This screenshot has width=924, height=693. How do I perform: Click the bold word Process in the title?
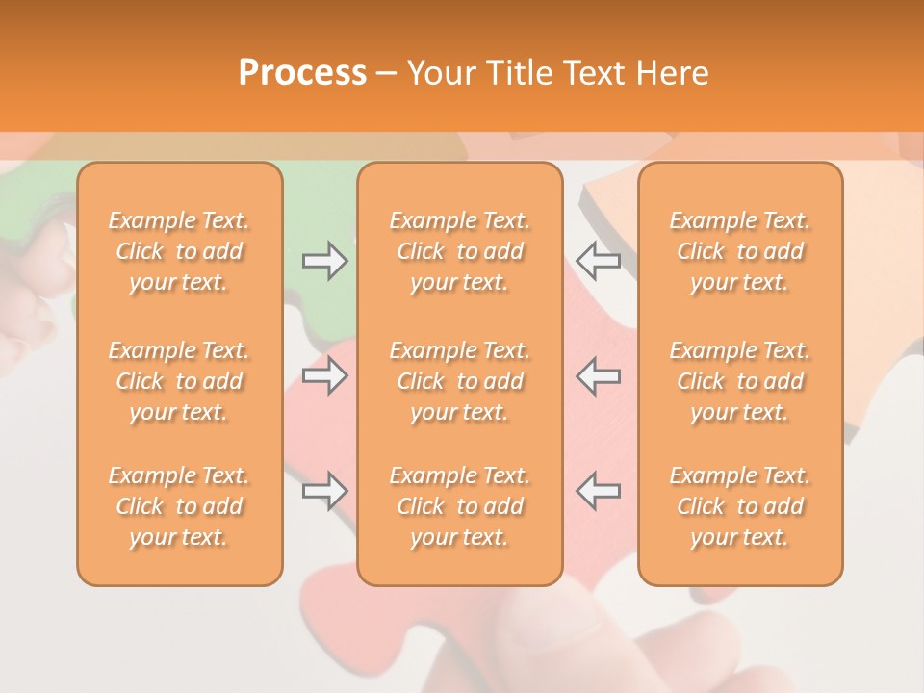point(302,73)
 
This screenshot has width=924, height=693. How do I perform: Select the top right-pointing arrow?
point(324,261)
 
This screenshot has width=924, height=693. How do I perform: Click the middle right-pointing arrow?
point(324,375)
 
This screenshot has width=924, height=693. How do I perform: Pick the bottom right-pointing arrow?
point(324,491)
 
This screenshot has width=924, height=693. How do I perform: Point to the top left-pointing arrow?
point(598,261)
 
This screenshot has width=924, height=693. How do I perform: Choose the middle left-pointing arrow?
point(598,375)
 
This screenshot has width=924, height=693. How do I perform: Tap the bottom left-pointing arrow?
point(598,491)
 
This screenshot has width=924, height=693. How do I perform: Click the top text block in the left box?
point(179,251)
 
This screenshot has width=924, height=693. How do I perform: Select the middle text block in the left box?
point(179,381)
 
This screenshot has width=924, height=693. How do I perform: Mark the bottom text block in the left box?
point(179,506)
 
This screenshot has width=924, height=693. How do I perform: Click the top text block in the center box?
point(460,251)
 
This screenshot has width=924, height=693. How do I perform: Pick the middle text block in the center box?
point(460,381)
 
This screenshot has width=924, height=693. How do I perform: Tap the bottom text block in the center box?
point(460,506)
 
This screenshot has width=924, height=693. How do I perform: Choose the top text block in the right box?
point(740,251)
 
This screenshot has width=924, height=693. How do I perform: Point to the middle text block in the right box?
point(740,381)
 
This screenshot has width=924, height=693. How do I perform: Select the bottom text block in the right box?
point(740,506)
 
